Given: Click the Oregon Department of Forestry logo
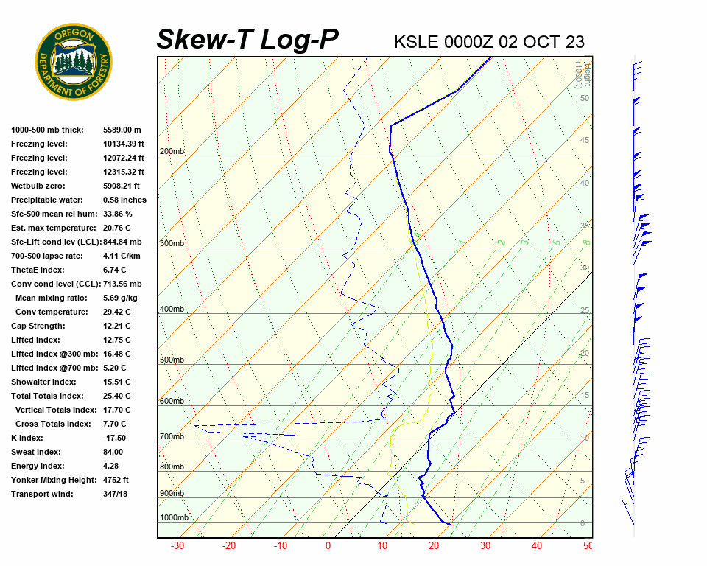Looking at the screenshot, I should (74, 62).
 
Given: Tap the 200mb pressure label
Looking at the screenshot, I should (172, 152).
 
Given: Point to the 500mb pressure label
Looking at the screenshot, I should (172, 360).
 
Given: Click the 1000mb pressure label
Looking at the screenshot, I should (174, 518).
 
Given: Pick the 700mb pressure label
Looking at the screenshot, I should (172, 437).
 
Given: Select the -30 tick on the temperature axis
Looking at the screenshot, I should (177, 546).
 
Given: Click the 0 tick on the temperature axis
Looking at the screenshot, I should (328, 546).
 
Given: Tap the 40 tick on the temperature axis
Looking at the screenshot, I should (536, 546).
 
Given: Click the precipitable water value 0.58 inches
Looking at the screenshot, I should (124, 200).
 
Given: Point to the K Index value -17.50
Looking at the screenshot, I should (116, 438).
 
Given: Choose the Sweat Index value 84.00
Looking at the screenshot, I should (113, 452).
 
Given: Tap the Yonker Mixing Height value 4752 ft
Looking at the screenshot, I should (116, 480).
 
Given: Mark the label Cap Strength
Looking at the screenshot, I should (38, 326).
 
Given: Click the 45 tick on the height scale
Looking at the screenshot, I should (585, 141).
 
